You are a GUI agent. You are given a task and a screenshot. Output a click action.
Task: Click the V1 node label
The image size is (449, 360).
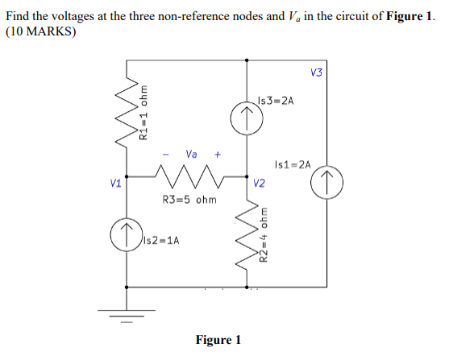click(x=116, y=183)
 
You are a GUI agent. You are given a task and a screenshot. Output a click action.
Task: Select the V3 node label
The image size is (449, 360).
click(x=315, y=72)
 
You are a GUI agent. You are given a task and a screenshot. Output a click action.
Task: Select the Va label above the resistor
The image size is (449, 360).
click(x=191, y=153)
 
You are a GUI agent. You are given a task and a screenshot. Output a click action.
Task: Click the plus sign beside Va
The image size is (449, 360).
click(x=217, y=154)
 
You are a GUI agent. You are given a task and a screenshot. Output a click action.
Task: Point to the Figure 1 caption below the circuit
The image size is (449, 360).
click(x=218, y=339)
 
